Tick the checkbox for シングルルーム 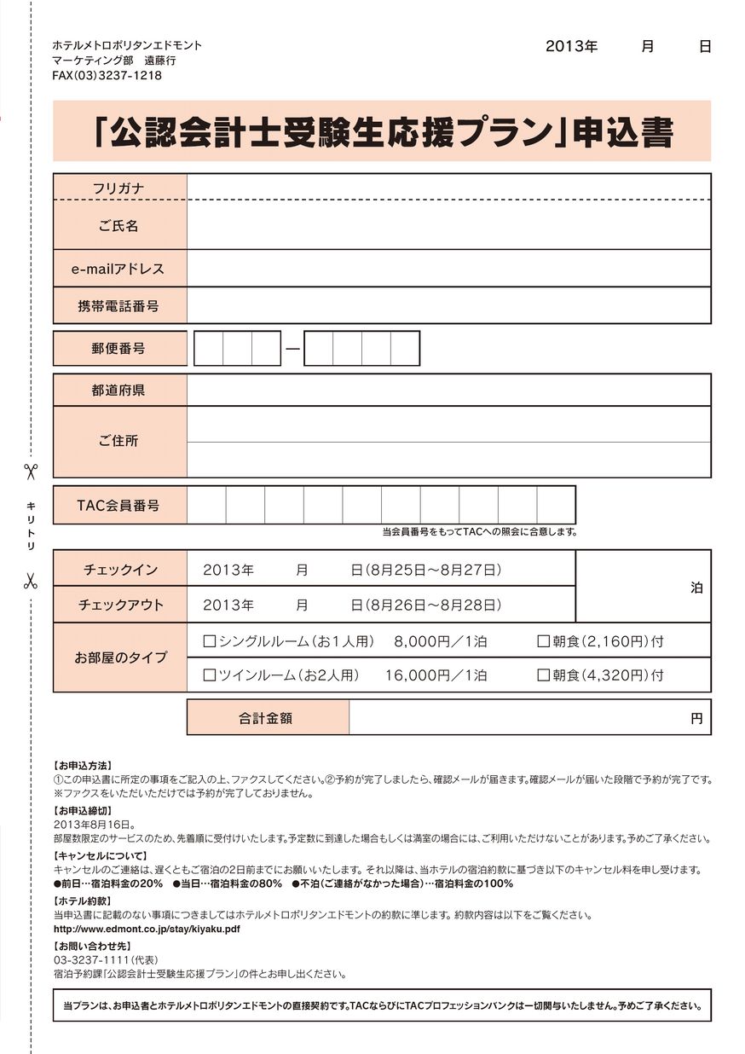(x=210, y=641)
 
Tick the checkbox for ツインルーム (x=210, y=675)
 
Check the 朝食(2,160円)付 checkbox (x=543, y=641)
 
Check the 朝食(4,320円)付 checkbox (x=543, y=675)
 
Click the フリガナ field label (x=118, y=188)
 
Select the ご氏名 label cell (x=118, y=226)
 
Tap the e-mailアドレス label (x=118, y=269)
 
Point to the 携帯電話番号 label (x=118, y=305)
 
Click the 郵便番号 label (x=118, y=348)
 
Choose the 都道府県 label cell (x=118, y=391)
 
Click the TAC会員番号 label (x=118, y=505)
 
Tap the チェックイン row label (x=120, y=569)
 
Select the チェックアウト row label (x=120, y=605)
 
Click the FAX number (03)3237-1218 (x=107, y=76)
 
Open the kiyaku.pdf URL (x=147, y=929)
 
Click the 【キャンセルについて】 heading (x=101, y=855)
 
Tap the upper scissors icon (x=31, y=471)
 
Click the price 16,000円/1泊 (x=436, y=675)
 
